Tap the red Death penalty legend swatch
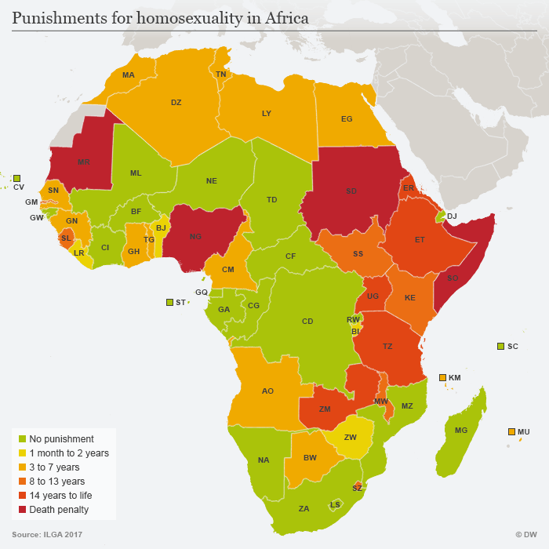coord(22,509)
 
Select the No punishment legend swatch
coord(22,439)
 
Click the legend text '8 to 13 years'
coord(56,481)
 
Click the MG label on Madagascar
coord(460,430)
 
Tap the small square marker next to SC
coord(500,346)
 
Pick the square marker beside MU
coord(511,431)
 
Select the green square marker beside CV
coord(16,178)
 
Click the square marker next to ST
coord(169,302)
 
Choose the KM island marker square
coord(442,377)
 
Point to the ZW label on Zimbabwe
coord(351,437)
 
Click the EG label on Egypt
coord(347,119)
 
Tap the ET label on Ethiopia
coord(420,239)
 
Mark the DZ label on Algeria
coord(176,102)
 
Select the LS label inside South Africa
coord(335,504)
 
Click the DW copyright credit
coord(525,534)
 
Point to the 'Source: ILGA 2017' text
coord(46,534)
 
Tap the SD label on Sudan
coord(351,191)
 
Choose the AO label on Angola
coord(267,390)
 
